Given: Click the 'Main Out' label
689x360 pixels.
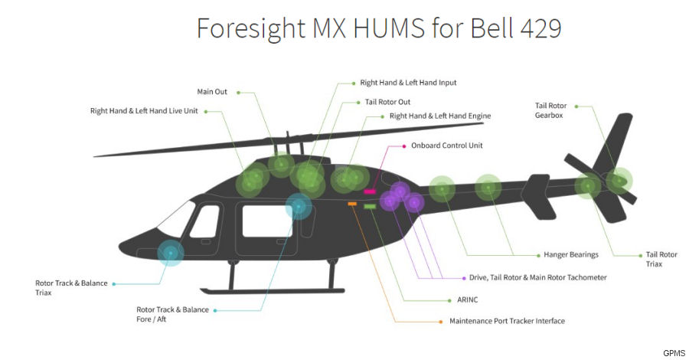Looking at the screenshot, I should click(212, 92).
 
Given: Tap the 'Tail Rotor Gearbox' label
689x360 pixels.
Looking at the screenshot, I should click(551, 110).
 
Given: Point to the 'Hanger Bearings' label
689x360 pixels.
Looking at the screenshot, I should click(570, 254).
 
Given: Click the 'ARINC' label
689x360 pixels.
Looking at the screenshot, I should click(458, 299).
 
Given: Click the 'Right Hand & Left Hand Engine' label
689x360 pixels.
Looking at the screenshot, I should click(439, 116).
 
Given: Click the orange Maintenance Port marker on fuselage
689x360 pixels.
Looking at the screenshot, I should click(353, 204).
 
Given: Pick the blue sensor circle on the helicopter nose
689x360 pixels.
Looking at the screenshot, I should click(170, 252).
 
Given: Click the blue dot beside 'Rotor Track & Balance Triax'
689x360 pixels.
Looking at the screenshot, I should click(114, 283).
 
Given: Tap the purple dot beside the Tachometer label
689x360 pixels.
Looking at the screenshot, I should click(462, 277).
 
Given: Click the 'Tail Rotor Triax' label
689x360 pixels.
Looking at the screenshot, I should click(661, 259).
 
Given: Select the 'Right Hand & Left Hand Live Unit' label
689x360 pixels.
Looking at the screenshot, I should click(143, 110).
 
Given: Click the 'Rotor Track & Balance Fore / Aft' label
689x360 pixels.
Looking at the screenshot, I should click(172, 314).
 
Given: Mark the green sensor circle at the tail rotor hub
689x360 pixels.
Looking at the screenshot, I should click(619, 180).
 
